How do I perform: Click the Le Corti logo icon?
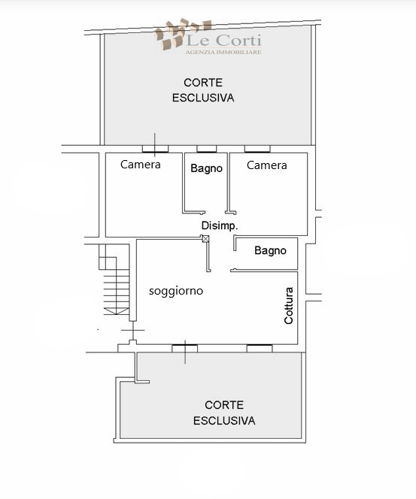[x=169, y=37]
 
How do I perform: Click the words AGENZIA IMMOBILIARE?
[x=223, y=51]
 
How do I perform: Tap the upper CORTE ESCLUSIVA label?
[x=203, y=89]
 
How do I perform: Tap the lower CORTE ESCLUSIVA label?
[x=224, y=412]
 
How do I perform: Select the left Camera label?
[x=141, y=165]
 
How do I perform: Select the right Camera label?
[x=267, y=165]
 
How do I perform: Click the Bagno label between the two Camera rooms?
[x=206, y=168]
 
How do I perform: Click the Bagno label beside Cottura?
[x=270, y=250]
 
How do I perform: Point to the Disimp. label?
[x=220, y=225]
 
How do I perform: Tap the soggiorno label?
[x=176, y=290]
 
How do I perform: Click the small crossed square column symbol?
[x=205, y=238]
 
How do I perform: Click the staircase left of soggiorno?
[x=114, y=286]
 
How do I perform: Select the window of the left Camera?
[x=155, y=148]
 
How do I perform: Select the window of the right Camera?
[x=257, y=148]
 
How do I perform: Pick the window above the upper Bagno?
[x=207, y=148]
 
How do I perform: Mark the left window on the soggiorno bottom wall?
[x=184, y=347]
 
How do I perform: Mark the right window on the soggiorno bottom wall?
[x=260, y=347]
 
